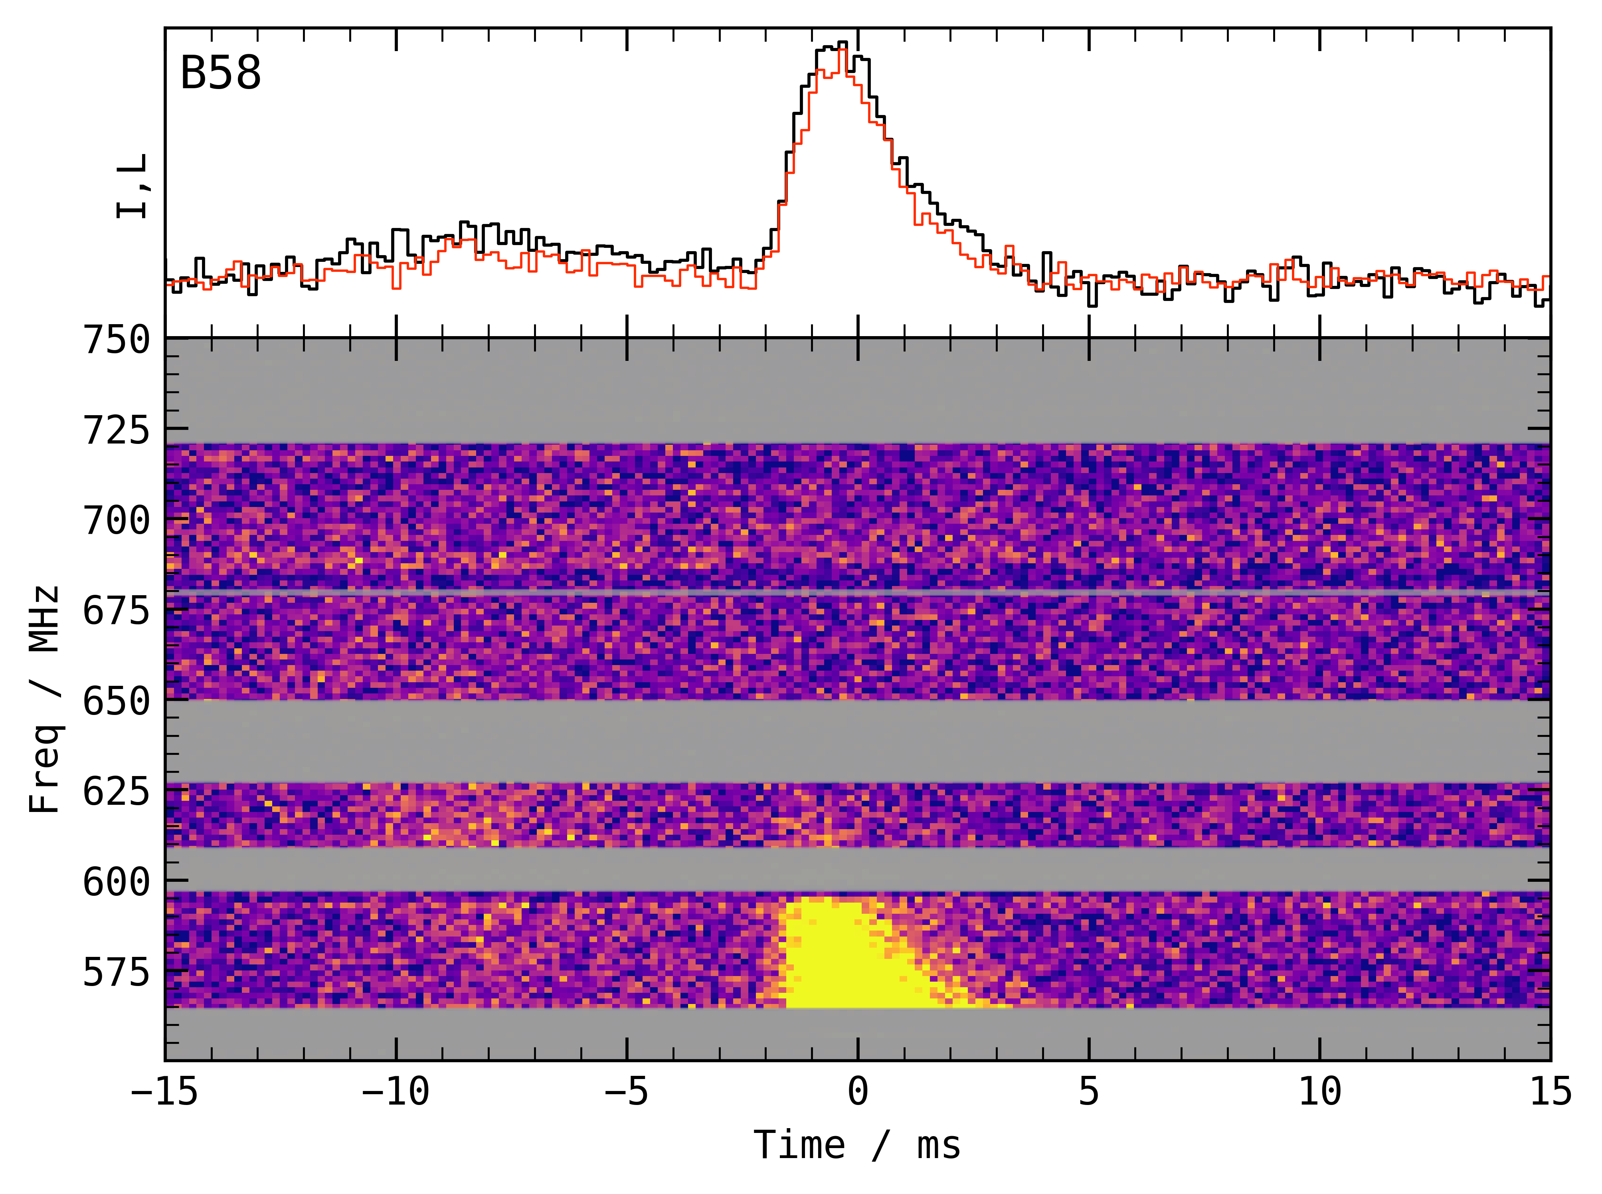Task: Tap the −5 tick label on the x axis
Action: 627,1091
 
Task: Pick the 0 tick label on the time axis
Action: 858,1091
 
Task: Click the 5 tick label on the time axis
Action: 1089,1091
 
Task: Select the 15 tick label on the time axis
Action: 1551,1091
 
